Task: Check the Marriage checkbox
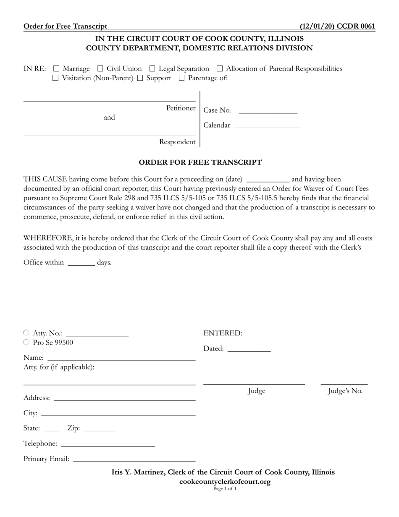(x=56, y=69)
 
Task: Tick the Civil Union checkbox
(x=100, y=69)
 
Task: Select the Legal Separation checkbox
(x=152, y=69)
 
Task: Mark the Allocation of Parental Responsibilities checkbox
(x=220, y=69)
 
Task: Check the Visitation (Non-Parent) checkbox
(x=55, y=78)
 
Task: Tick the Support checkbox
(x=140, y=78)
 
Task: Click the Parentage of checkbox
(x=181, y=78)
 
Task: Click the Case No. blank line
(x=268, y=111)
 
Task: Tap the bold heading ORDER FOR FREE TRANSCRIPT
(x=200, y=162)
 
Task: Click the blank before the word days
(x=81, y=263)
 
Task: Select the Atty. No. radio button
(x=26, y=333)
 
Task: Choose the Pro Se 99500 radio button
(x=26, y=342)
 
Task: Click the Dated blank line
(x=249, y=349)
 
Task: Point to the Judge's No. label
(x=345, y=391)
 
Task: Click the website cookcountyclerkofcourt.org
(x=225, y=482)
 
